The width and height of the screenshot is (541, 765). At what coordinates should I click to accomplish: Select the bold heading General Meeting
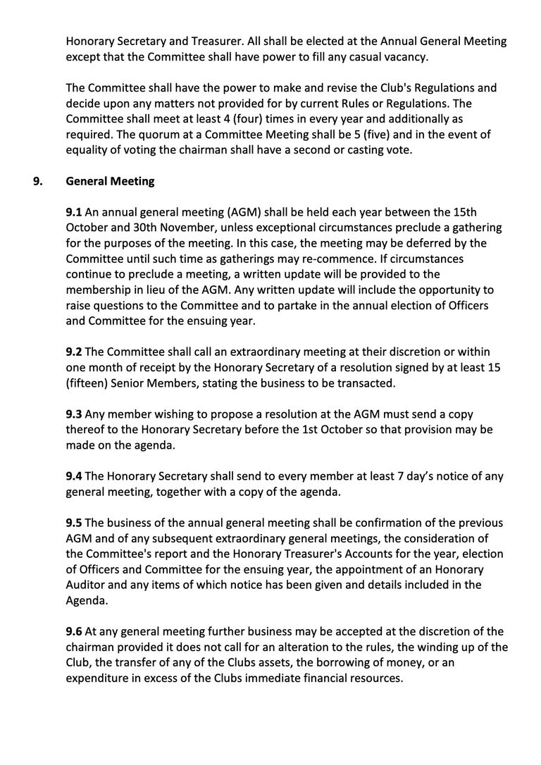(x=110, y=182)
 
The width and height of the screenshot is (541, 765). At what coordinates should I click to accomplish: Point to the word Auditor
(x=88, y=585)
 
